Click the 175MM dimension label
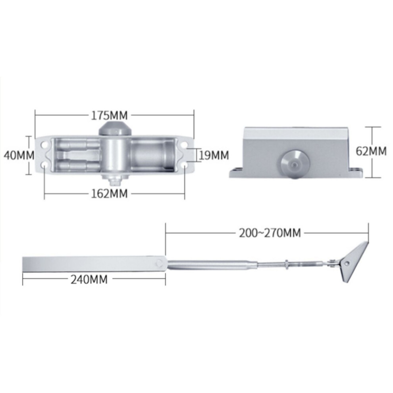tap(109, 116)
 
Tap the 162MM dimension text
tap(109, 193)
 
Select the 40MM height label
tap(19, 155)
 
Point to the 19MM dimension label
tap(214, 155)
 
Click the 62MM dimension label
tap(371, 151)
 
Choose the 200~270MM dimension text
tap(270, 233)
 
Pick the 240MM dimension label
tap(89, 279)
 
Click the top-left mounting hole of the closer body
tap(45, 144)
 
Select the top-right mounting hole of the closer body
tap(185, 144)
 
